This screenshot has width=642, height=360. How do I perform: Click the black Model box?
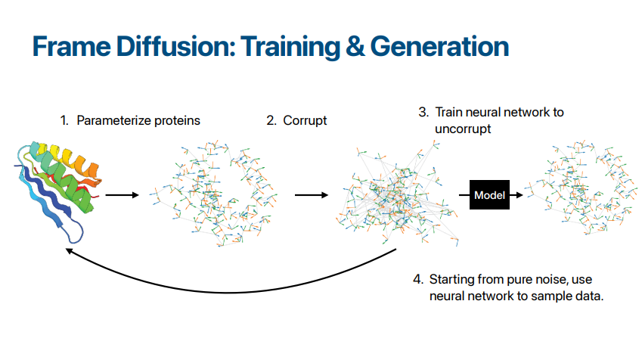tap(489, 195)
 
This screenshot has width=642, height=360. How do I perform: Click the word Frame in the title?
tap(72, 46)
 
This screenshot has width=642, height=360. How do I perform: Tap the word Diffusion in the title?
tap(176, 46)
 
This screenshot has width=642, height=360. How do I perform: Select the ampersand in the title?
tap(355, 46)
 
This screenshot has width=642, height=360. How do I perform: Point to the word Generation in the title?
tap(439, 46)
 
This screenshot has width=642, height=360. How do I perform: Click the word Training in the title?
tap(290, 47)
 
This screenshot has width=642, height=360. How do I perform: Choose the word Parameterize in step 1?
tap(115, 120)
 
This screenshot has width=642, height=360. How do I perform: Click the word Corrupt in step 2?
tap(305, 120)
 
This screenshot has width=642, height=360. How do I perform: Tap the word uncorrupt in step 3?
tap(463, 129)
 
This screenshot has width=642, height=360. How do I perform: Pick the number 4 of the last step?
tap(417, 279)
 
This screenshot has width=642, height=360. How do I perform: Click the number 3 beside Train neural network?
tap(423, 112)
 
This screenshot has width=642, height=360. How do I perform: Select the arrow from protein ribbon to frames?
tap(123, 195)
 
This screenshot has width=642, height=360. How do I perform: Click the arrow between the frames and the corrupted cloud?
tap(312, 195)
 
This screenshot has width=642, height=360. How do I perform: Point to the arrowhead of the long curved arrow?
tap(70, 250)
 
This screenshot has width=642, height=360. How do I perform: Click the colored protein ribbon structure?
tap(58, 191)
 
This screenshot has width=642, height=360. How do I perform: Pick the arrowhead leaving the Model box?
tap(519, 195)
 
